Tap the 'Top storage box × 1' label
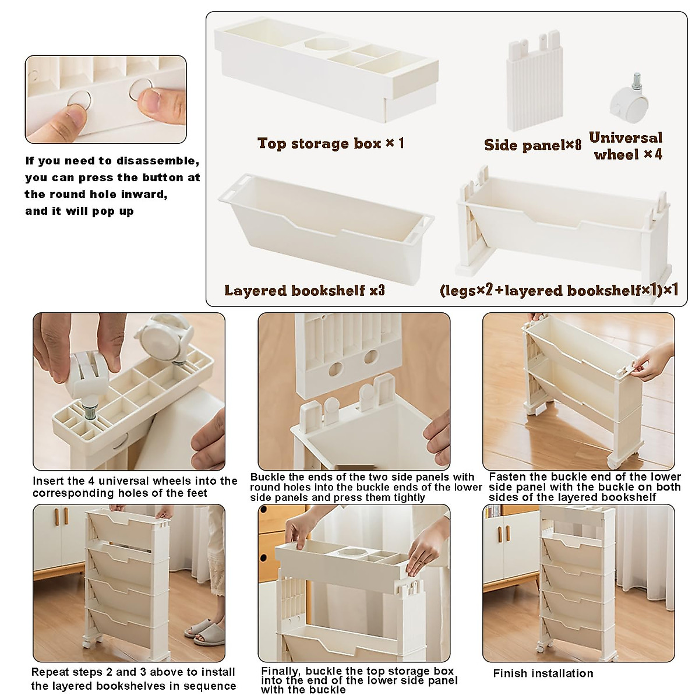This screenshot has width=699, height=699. [x=330, y=143]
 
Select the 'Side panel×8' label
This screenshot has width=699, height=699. [x=532, y=145]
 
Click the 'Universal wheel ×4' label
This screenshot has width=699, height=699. [x=626, y=146]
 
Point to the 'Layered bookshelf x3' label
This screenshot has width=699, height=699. [x=304, y=291]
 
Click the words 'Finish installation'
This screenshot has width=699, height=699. [x=543, y=673]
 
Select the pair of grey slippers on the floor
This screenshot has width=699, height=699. [x=204, y=633]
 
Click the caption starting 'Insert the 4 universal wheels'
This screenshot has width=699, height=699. [x=135, y=487]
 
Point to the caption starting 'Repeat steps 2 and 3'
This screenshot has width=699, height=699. [x=133, y=679]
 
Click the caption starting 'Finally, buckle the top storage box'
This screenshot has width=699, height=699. [x=359, y=680]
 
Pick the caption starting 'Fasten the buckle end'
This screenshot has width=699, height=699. [x=584, y=486]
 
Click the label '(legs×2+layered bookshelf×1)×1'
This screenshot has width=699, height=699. [x=559, y=291]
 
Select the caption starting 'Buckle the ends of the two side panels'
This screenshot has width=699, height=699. [x=366, y=487]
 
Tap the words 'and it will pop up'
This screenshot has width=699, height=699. [x=79, y=211]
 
